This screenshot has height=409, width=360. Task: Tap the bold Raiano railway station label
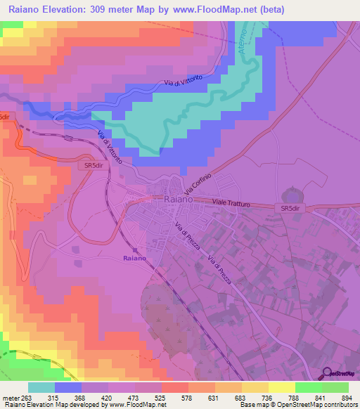(134, 259)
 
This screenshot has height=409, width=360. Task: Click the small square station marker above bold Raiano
(134, 249)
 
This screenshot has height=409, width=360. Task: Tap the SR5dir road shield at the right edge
(291, 209)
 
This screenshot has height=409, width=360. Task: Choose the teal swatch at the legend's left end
(41, 387)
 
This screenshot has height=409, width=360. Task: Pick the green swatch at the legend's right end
(335, 387)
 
